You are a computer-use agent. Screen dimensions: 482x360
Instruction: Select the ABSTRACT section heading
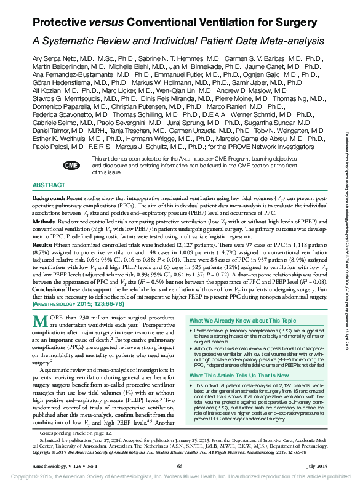[x=48, y=185]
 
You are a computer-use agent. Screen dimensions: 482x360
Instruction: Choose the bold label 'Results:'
[x=42, y=244]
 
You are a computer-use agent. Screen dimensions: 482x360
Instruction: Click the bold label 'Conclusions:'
[x=50, y=289]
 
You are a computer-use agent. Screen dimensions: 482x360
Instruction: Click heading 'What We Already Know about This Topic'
[x=241, y=321]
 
